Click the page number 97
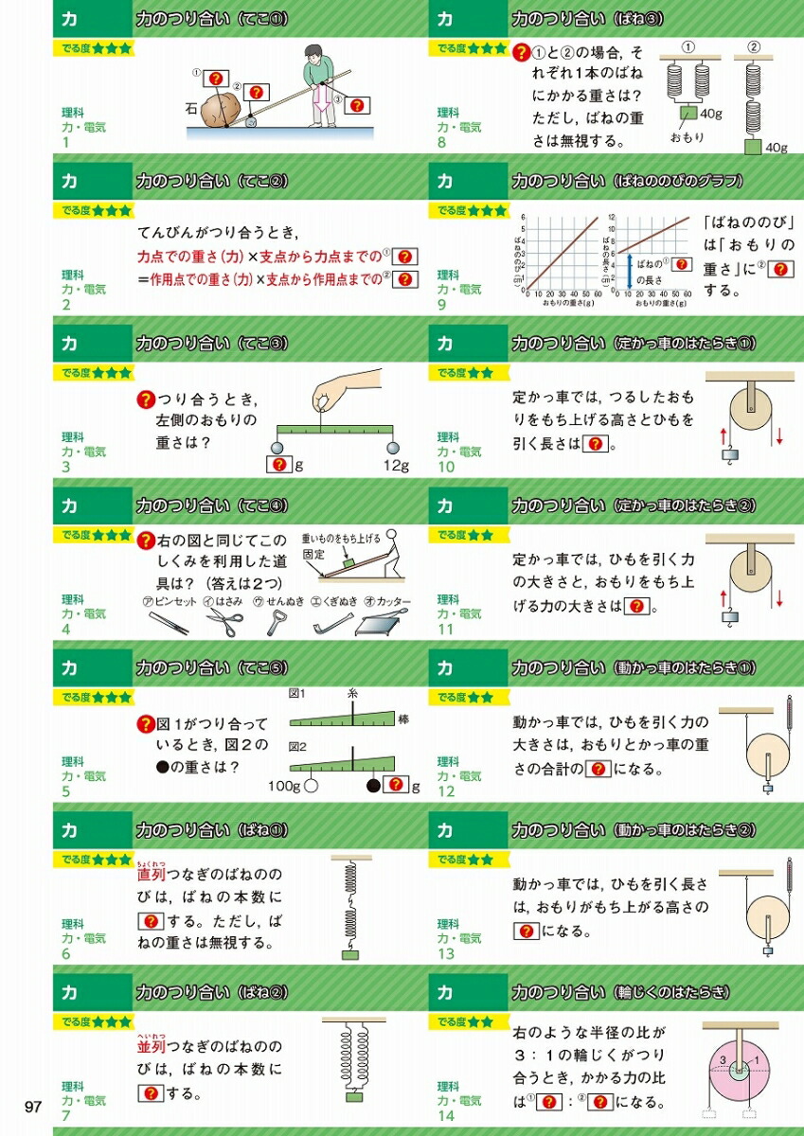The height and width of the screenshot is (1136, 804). (x=33, y=1107)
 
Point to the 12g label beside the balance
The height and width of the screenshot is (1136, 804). (x=395, y=465)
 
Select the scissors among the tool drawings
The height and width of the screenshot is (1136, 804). (x=224, y=623)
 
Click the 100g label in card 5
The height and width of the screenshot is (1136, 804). (x=283, y=786)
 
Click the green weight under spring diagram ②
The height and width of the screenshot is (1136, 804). (x=754, y=147)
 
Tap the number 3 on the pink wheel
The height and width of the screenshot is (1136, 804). (x=722, y=1058)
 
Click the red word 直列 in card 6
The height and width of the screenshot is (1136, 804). (x=152, y=875)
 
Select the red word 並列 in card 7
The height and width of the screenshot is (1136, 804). (x=152, y=1046)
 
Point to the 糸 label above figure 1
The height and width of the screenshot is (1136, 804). (x=353, y=693)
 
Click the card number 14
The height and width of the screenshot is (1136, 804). (x=446, y=1116)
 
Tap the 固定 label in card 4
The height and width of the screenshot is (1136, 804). (x=314, y=554)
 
